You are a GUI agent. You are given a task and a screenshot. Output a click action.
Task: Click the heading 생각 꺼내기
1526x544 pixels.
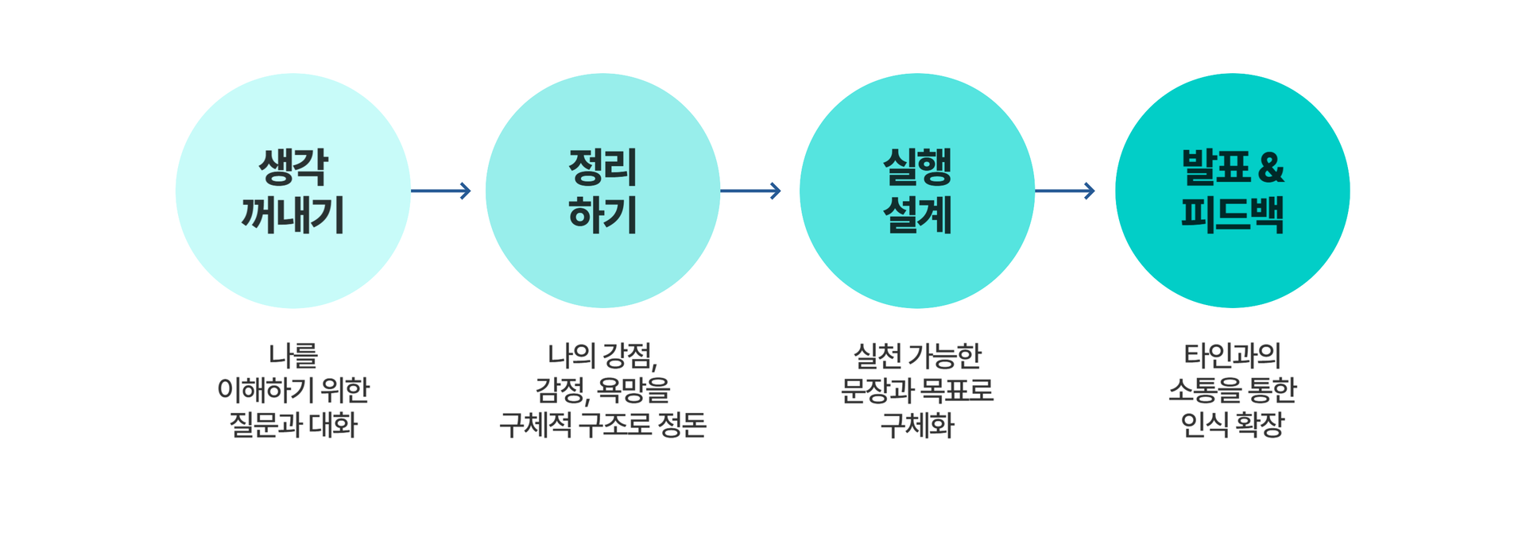[x=292, y=191]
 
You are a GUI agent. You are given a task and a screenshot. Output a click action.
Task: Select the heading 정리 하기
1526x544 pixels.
[x=602, y=191]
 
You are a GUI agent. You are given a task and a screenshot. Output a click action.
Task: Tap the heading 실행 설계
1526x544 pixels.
[x=917, y=191]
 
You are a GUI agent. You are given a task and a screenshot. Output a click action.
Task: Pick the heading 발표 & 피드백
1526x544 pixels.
[x=1233, y=191]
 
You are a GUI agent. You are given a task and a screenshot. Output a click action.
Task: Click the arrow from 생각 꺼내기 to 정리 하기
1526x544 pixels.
[x=441, y=191]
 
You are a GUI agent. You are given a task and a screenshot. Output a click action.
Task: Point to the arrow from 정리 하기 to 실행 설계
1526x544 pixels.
[x=750, y=191]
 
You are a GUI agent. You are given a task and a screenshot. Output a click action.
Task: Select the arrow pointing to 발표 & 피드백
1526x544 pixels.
[x=1065, y=191]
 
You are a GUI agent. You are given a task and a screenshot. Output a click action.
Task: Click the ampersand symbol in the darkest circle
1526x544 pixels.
[x=1272, y=168]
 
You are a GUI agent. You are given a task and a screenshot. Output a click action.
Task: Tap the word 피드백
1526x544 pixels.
[x=1233, y=214]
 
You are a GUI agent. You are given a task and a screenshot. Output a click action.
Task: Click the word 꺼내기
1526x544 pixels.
[x=292, y=214]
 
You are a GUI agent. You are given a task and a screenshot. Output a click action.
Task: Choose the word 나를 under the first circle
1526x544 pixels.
[x=293, y=355]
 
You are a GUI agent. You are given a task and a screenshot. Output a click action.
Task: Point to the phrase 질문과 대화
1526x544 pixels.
[x=293, y=425]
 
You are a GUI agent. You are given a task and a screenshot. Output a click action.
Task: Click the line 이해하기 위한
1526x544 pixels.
[x=293, y=390]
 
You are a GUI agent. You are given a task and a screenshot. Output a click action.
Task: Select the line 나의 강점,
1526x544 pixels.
[x=602, y=356]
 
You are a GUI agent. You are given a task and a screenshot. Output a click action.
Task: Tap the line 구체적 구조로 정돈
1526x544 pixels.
[x=602, y=425]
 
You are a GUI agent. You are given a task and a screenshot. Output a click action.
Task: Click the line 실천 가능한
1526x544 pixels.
[x=917, y=355]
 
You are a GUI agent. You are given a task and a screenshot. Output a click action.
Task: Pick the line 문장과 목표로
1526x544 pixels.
[x=917, y=390]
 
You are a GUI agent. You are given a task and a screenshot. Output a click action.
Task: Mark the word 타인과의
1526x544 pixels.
[x=1233, y=355]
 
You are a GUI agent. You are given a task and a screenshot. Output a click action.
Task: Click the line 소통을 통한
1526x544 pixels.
[x=1233, y=390]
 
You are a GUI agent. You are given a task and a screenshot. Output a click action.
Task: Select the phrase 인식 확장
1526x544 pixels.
[x=1233, y=425]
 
